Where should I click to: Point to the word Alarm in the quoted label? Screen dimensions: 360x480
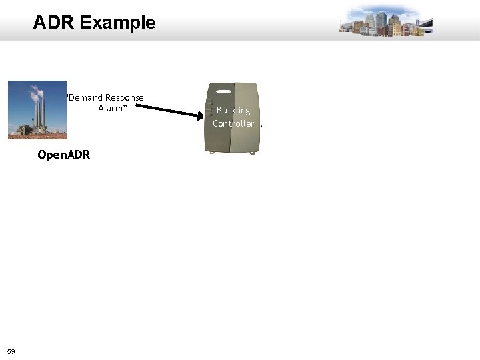(x=111, y=108)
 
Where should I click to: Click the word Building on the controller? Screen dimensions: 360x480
(x=233, y=111)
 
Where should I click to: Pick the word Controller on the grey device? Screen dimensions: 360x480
(x=233, y=123)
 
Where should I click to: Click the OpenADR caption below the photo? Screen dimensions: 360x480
(x=64, y=155)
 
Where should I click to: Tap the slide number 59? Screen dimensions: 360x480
(x=11, y=351)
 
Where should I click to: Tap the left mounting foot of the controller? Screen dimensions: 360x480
(x=213, y=153)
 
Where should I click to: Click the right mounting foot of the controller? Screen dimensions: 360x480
(x=252, y=153)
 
